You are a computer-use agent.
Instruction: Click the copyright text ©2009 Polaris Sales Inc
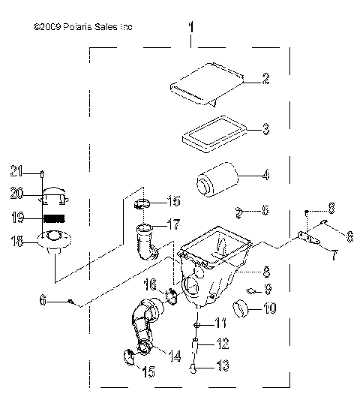tap(83, 27)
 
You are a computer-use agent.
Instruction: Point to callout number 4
tap(265, 177)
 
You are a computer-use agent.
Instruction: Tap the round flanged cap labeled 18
tap(52, 241)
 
